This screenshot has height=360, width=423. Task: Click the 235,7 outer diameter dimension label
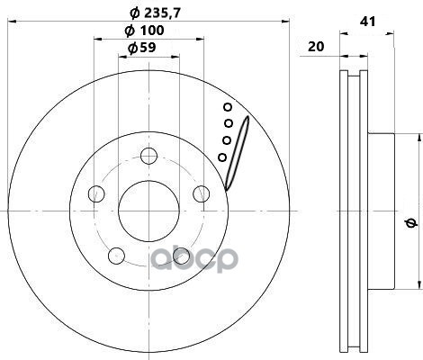[x=156, y=13]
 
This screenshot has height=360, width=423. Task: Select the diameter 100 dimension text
[x=144, y=31]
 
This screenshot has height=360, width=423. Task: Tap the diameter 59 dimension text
[x=142, y=48]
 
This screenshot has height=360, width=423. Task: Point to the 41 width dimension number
[x=367, y=22]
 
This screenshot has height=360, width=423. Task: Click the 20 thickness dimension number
[x=316, y=47]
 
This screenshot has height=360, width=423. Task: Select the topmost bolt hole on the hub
[x=149, y=156]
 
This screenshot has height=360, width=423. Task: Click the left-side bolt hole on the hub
[x=96, y=193]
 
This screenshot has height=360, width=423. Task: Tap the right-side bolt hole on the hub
[x=202, y=193]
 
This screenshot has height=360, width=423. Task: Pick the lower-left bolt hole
[x=116, y=256]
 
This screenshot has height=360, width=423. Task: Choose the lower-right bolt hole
[x=182, y=256]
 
